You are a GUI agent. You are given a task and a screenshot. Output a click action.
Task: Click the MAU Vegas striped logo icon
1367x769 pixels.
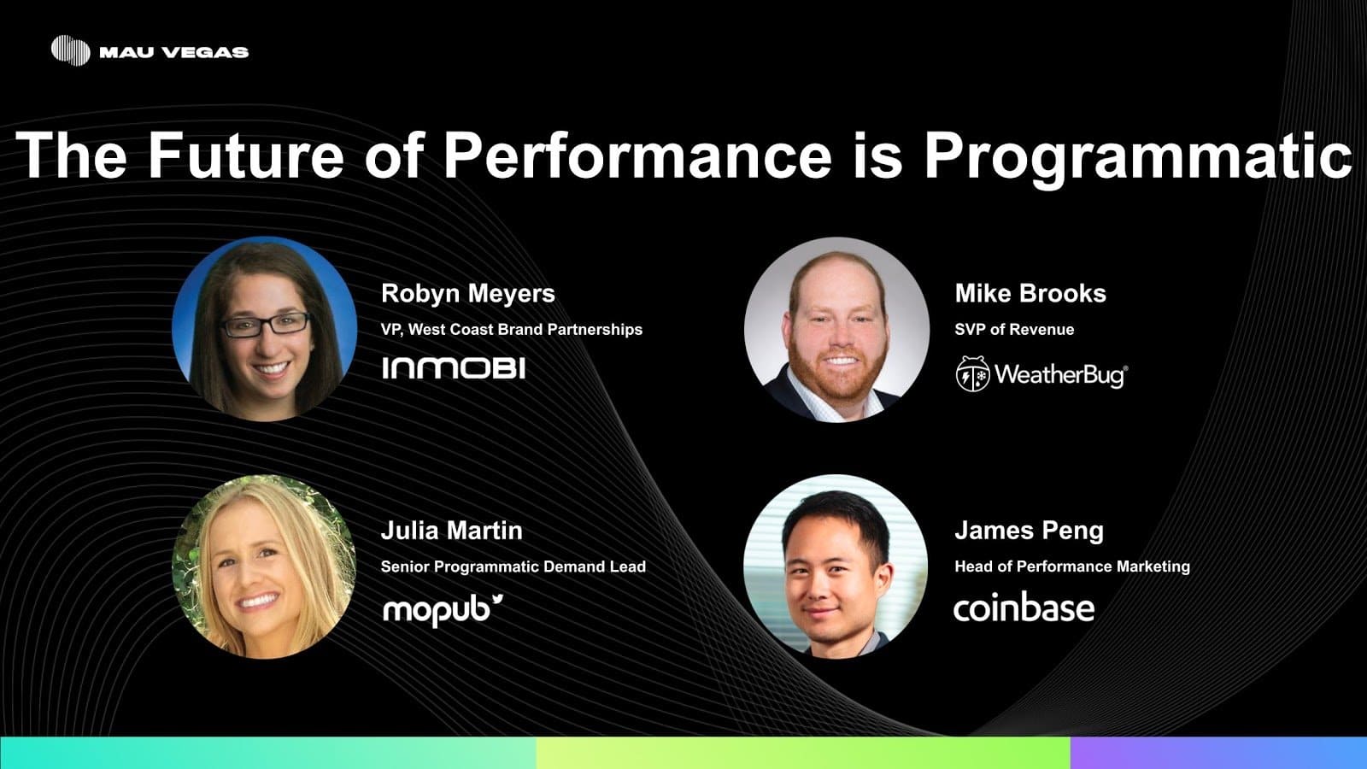pos(71,50)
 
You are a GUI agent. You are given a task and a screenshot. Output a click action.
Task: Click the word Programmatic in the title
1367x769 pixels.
pos(1137,157)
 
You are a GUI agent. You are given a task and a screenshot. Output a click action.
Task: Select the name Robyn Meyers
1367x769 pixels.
pos(468,294)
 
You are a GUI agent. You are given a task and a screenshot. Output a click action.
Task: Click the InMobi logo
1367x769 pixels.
pos(454,368)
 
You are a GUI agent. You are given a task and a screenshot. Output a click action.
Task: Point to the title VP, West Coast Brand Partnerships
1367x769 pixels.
pos(512,330)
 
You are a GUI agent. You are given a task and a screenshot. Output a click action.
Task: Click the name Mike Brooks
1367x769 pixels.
pos(1030,294)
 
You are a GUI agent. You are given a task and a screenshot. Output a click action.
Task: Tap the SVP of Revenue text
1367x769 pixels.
pos(1014,330)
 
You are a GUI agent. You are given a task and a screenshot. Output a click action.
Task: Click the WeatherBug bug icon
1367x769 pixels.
pos(973,373)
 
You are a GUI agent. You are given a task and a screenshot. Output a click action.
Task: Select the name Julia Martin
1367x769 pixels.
pos(452,531)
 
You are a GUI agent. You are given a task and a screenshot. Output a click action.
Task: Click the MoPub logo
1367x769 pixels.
pos(443,610)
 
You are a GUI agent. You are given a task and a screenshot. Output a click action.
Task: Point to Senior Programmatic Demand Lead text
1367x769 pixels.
pos(513,567)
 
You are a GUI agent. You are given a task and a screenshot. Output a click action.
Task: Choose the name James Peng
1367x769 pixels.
pos(1029,531)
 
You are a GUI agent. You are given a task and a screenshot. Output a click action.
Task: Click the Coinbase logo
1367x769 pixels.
pos(1024,608)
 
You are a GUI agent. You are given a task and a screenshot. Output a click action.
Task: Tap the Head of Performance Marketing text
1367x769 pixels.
pos(1072,567)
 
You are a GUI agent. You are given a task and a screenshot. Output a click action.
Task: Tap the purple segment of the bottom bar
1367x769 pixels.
pos(1218,753)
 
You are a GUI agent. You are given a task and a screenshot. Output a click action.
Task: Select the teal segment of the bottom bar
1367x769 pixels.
pos(268,753)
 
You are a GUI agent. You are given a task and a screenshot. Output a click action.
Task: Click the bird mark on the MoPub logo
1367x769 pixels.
pos(497,600)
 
